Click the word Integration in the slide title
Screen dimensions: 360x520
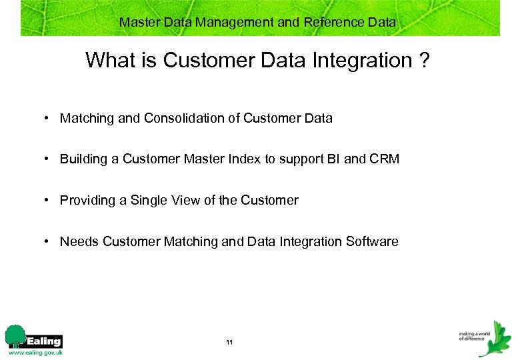pos(349,61)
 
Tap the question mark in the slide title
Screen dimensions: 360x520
pos(424,61)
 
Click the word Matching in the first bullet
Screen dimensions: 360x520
pos(87,119)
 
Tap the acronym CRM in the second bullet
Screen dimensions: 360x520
pos(385,159)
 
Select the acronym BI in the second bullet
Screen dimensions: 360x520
pos(333,159)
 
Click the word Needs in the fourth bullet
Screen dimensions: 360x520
pos(79,242)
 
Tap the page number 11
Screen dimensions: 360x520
pos(229,343)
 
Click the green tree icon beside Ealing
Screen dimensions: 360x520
pos(15,336)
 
